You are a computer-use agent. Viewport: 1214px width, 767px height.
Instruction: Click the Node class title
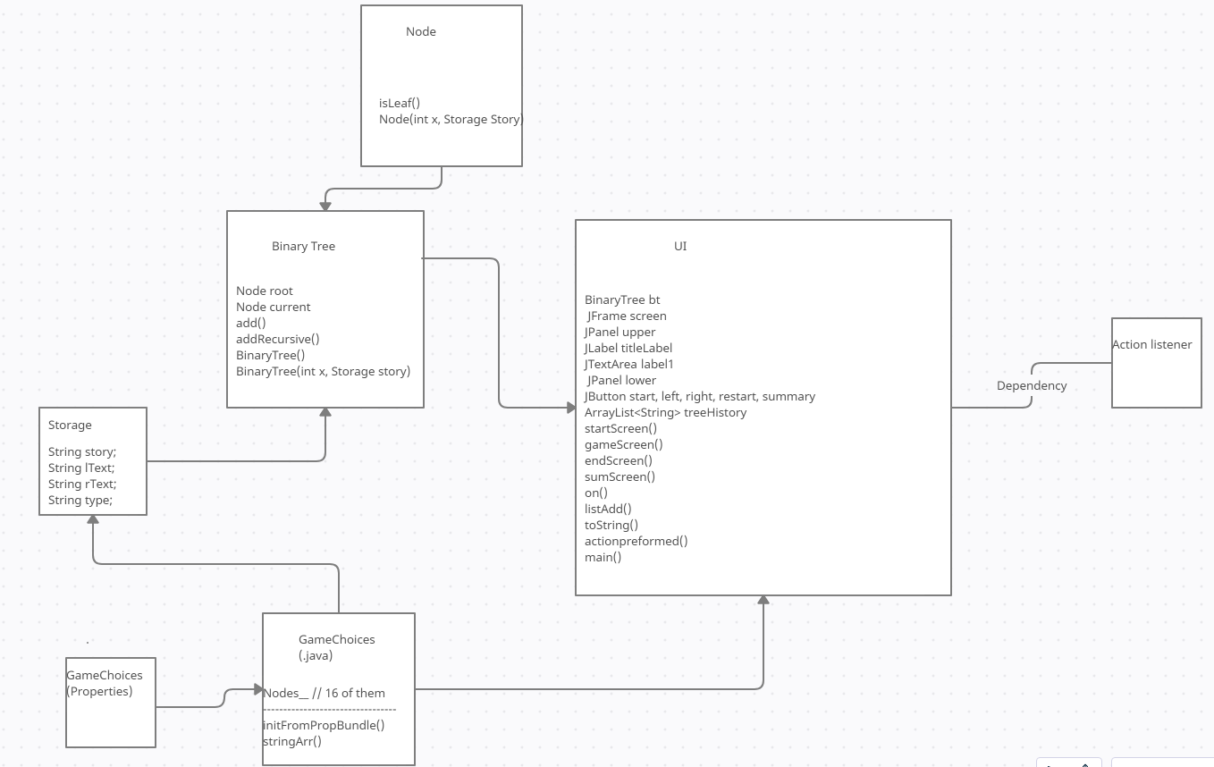(420, 31)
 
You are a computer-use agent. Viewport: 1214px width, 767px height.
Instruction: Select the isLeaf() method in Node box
(399, 103)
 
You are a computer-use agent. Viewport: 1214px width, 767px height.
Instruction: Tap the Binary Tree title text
(303, 246)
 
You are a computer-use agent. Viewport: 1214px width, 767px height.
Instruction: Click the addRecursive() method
(277, 339)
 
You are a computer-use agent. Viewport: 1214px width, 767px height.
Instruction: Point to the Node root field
(264, 291)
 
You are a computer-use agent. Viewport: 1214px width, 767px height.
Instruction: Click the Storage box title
(70, 425)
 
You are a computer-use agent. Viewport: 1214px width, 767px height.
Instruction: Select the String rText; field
(82, 484)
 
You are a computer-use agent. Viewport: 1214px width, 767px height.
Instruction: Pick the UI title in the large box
(680, 246)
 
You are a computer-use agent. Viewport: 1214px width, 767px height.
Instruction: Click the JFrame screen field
(627, 316)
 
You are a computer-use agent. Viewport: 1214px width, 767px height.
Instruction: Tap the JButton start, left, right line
(699, 396)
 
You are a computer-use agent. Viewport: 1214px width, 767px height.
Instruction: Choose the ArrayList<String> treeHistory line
(665, 412)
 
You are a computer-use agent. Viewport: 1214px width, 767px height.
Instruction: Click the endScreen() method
(618, 460)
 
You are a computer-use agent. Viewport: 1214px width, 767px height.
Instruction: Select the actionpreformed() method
(636, 541)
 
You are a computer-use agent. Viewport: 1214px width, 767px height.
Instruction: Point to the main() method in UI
(603, 557)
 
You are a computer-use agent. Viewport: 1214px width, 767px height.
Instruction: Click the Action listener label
(1151, 344)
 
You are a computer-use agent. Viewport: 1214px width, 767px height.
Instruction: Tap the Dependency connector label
(1032, 385)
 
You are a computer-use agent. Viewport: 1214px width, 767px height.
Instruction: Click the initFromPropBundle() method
(324, 725)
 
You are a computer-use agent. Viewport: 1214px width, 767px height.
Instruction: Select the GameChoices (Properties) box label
(104, 683)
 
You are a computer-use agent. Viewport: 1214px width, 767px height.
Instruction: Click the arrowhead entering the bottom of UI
(763, 600)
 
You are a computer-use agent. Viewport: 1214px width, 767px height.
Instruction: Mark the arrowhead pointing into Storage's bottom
(93, 520)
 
